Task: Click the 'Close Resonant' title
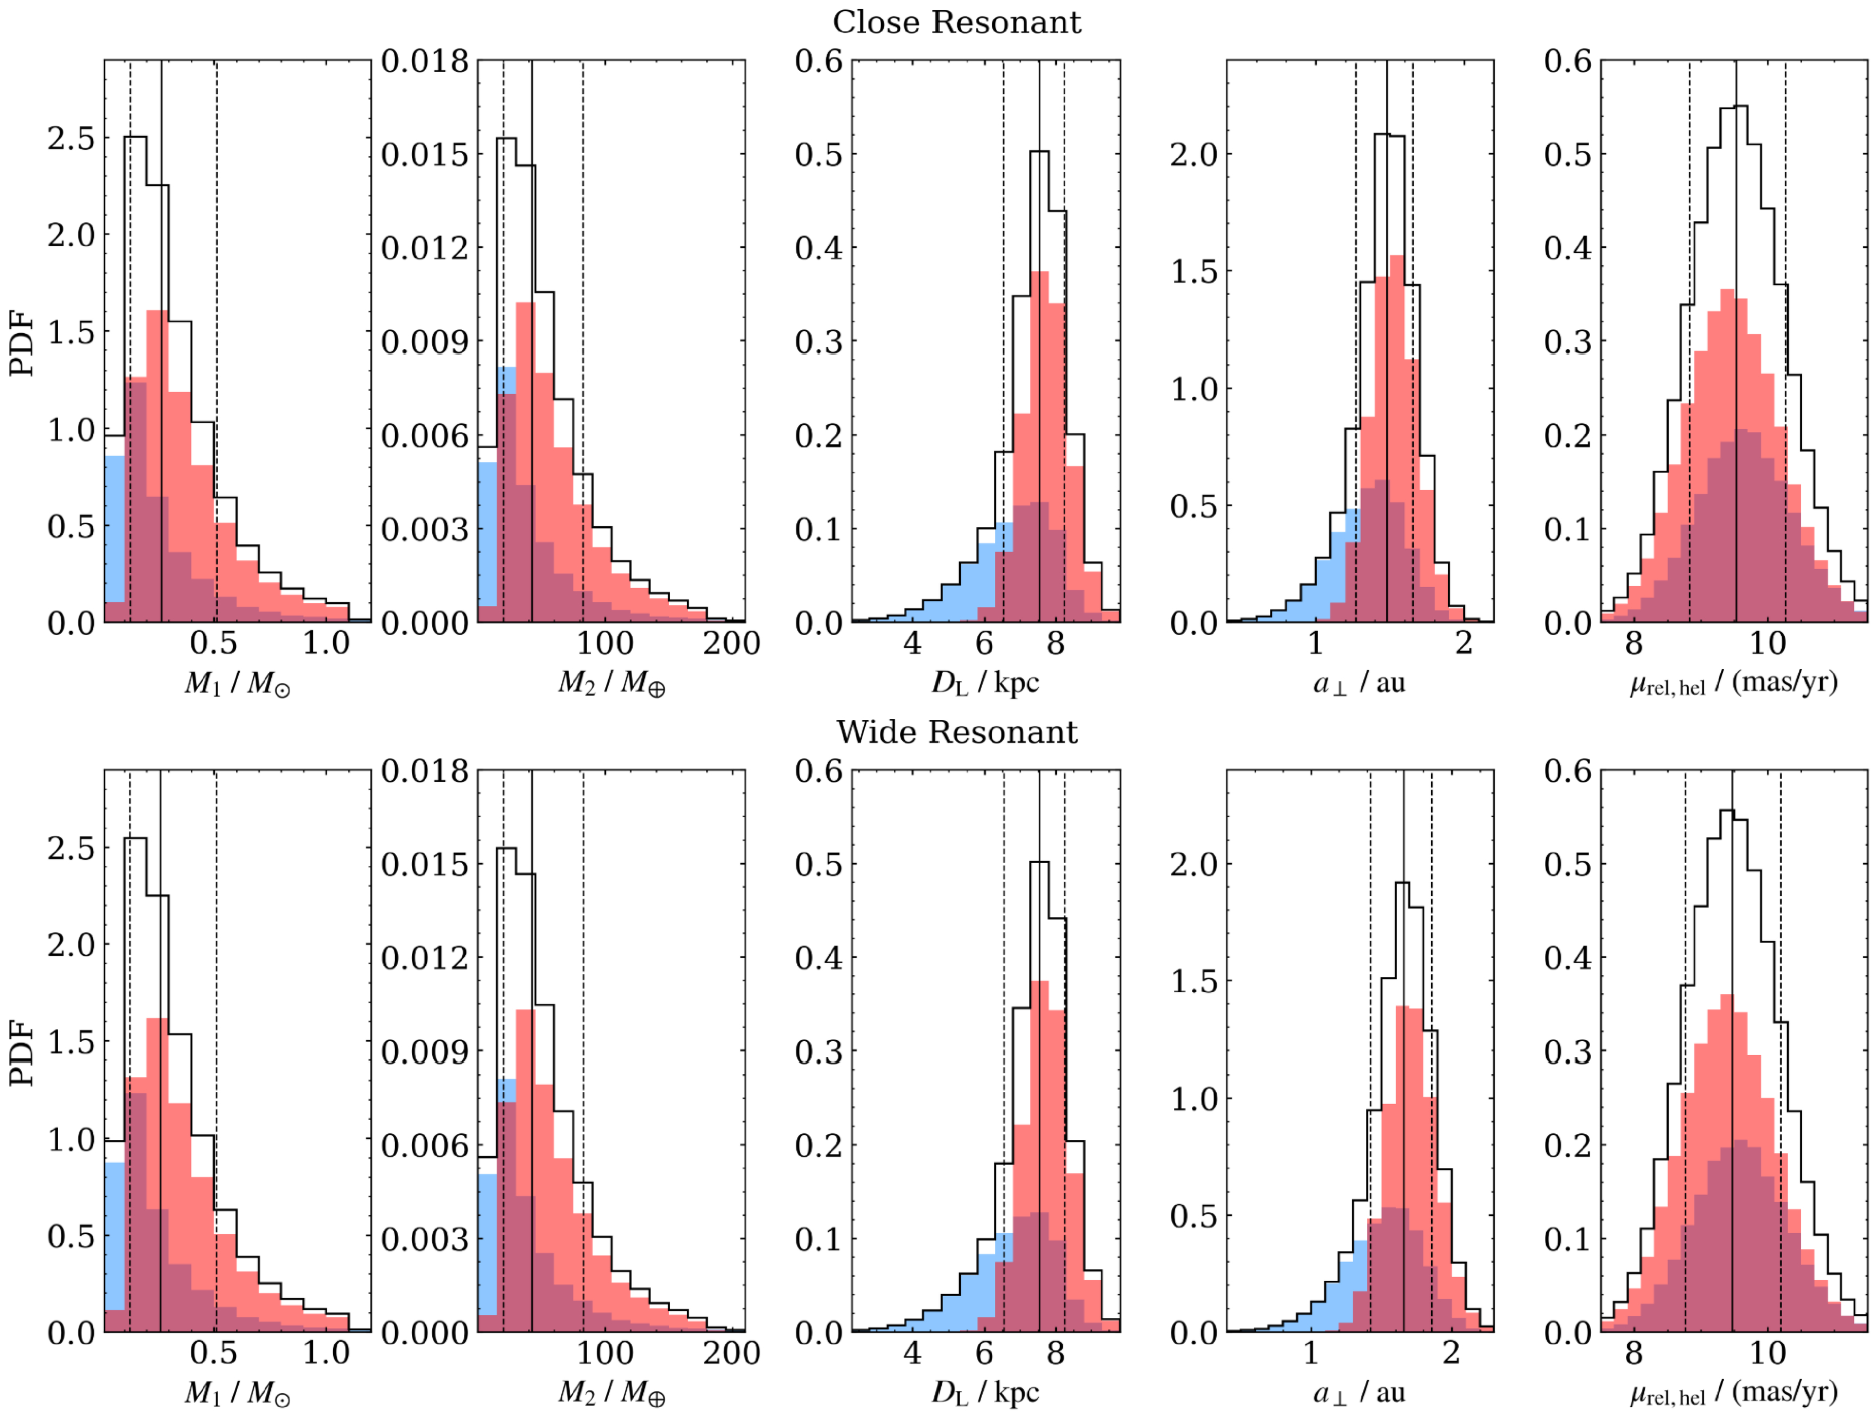[956, 22]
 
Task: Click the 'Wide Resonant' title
[956, 732]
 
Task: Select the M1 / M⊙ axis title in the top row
[238, 683]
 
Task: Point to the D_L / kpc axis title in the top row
[986, 683]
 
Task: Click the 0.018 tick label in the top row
[425, 61]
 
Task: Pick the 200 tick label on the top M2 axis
[731, 643]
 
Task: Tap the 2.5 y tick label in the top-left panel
[71, 138]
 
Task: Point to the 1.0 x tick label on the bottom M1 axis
[327, 1353]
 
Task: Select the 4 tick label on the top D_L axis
[913, 643]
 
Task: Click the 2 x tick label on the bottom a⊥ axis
[1451, 1353]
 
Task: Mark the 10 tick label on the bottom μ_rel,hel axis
[1767, 1353]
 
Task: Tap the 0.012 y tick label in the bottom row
[425, 958]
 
